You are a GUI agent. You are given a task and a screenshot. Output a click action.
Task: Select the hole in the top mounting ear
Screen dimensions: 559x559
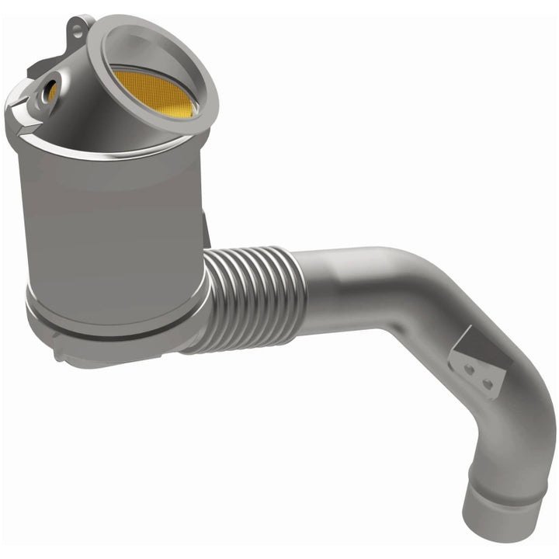pos(78,30)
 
